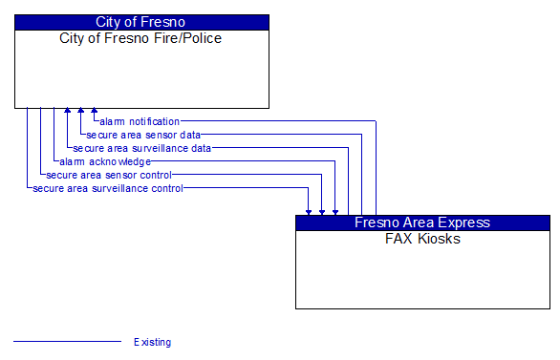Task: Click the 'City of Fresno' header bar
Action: click(x=141, y=22)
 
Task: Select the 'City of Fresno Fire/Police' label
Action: click(x=141, y=38)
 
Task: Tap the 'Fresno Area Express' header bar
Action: click(x=422, y=222)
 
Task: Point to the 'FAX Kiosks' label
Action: click(x=422, y=239)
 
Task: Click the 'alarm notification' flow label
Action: click(x=140, y=121)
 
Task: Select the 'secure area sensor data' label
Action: click(x=143, y=135)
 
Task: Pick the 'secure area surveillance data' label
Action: click(x=142, y=148)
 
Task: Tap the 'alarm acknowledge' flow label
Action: click(x=105, y=161)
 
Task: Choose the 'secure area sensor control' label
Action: click(x=109, y=175)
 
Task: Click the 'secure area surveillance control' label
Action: click(x=108, y=188)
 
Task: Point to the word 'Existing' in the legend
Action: click(x=153, y=342)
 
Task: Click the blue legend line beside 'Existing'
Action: click(x=67, y=341)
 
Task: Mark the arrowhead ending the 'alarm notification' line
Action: click(x=94, y=112)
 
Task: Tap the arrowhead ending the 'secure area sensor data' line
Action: click(x=80, y=112)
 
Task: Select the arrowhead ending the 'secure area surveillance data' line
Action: click(x=67, y=112)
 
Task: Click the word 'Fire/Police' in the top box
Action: click(x=190, y=38)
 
